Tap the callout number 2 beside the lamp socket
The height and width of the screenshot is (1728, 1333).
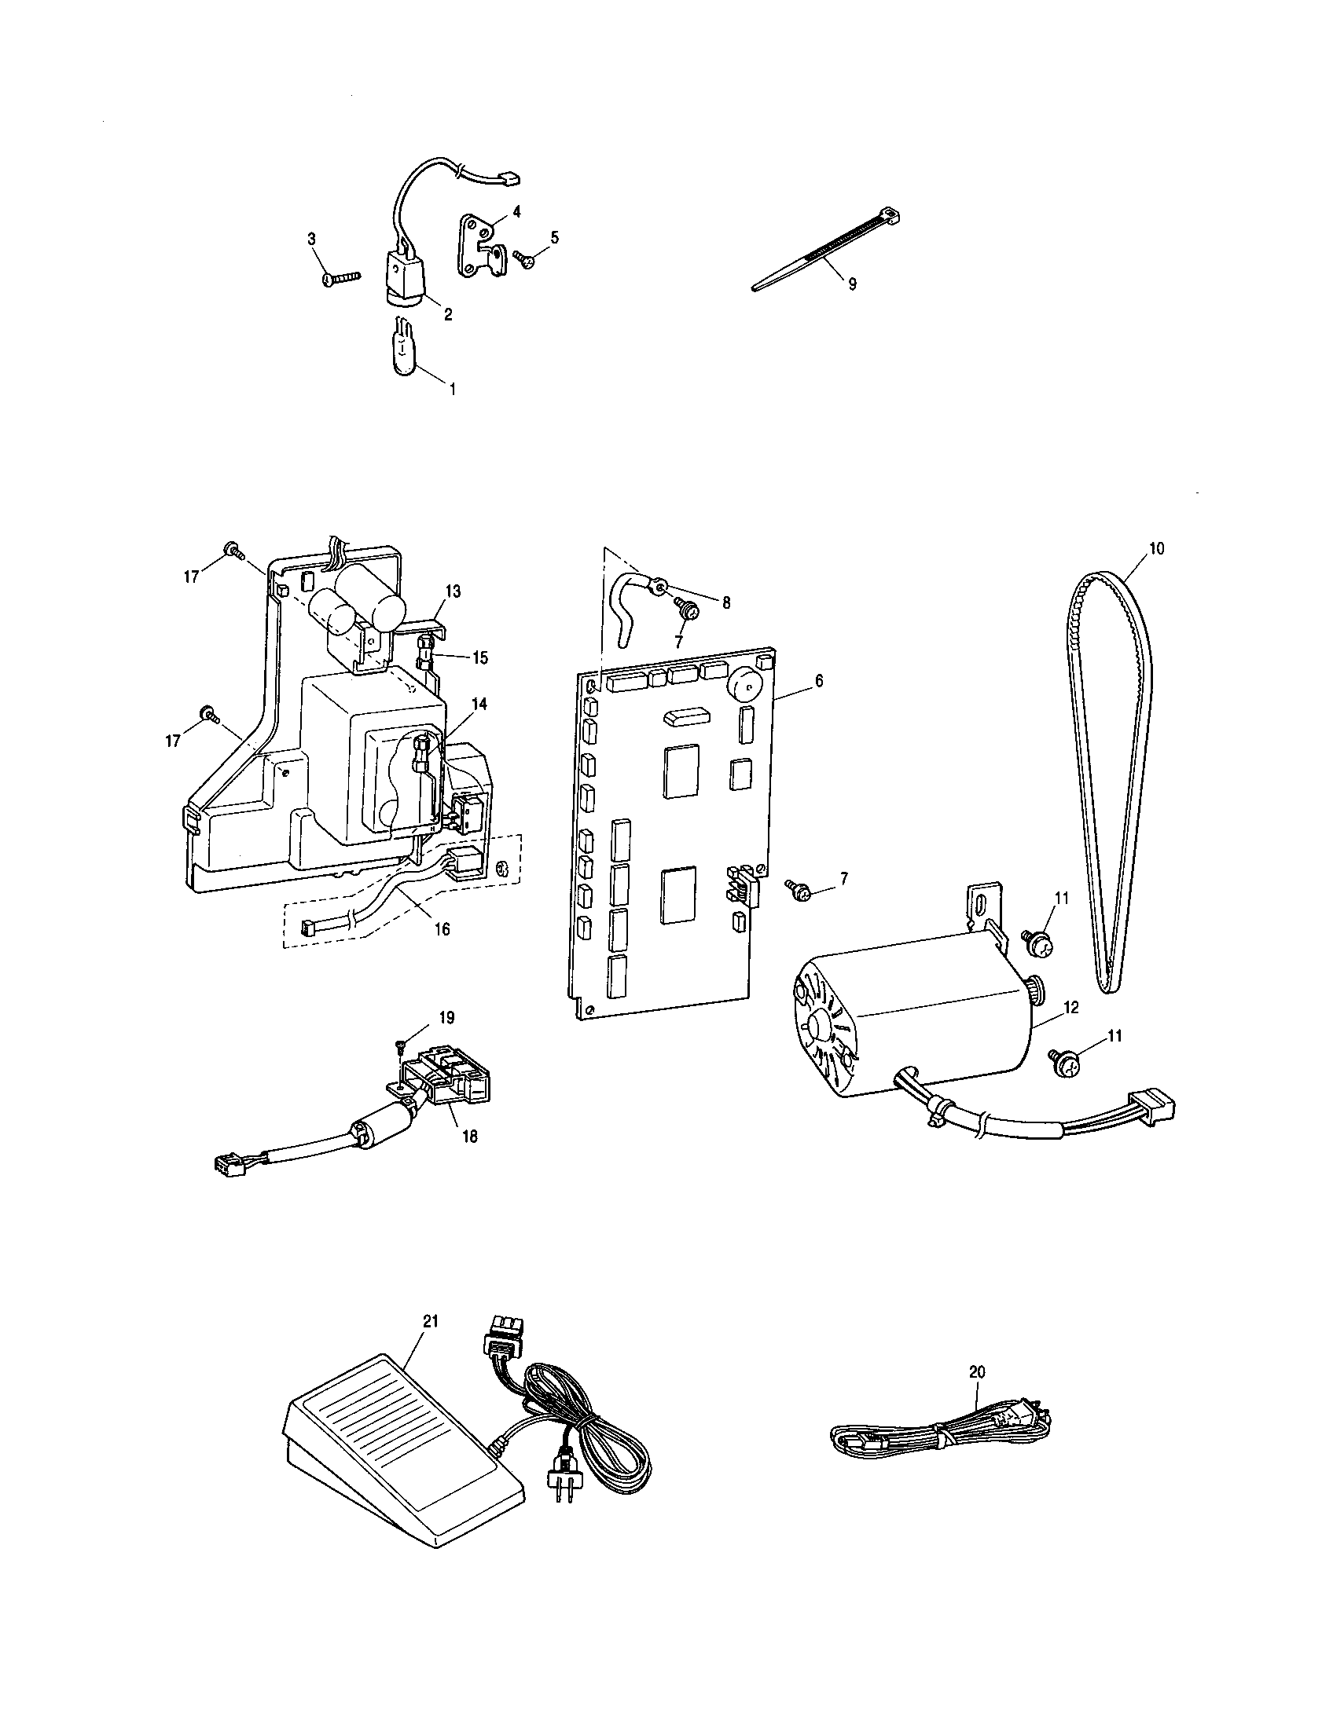447,315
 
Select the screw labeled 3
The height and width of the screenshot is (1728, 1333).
341,278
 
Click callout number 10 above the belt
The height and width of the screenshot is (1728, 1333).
1156,548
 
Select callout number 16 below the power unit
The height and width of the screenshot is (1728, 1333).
442,929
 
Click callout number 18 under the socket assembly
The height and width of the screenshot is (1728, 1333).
470,1137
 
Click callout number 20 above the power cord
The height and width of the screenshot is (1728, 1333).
978,1373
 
